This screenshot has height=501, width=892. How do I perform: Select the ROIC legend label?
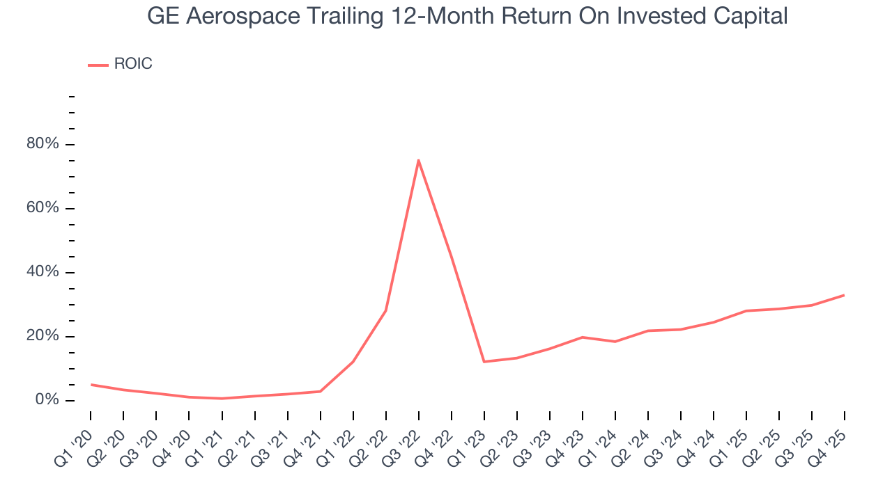pos(132,64)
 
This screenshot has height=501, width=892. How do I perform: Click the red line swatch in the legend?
pos(98,65)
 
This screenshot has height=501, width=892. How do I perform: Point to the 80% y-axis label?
pos(43,144)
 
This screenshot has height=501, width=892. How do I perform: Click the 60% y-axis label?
pos(43,208)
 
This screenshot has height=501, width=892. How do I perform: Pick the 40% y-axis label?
pos(43,272)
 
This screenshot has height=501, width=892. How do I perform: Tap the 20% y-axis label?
pos(43,336)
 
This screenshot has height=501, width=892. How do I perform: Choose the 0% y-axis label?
pos(47,400)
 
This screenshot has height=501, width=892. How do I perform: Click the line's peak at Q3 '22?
pos(418,160)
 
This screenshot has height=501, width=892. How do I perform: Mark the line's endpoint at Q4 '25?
pos(844,295)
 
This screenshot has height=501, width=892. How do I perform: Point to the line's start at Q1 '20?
pos(91,385)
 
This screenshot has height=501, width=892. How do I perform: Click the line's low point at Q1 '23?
pos(484,362)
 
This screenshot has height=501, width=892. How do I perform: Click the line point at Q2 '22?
pos(385,311)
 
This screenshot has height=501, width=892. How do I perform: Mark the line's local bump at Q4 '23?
pos(582,337)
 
